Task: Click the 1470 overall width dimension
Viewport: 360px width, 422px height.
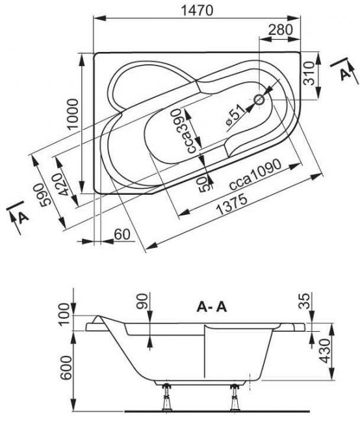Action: click(x=197, y=10)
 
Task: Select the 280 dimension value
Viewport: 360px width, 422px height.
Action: click(x=281, y=29)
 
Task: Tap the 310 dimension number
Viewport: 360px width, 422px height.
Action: click(x=309, y=73)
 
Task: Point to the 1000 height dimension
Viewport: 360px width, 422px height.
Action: click(x=73, y=115)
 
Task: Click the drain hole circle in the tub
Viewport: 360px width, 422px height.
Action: click(x=259, y=100)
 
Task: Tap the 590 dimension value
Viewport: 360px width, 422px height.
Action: click(x=45, y=195)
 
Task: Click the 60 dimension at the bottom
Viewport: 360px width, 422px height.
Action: click(x=122, y=234)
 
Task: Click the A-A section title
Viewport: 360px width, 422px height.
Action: click(x=212, y=306)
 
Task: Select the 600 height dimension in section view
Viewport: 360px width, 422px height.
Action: click(x=66, y=367)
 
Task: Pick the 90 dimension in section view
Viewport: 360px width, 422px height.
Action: click(x=143, y=301)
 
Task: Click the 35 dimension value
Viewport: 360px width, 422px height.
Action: click(x=305, y=301)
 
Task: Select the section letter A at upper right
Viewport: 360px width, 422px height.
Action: click(x=344, y=73)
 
